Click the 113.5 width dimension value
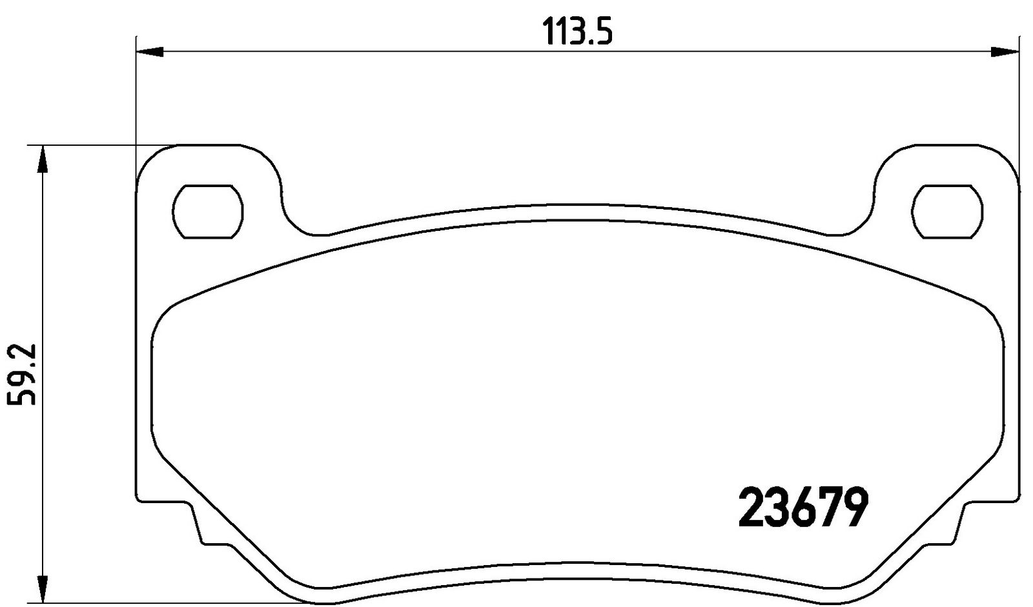coord(577,32)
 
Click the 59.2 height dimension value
coord(22,374)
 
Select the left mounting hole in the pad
coord(207,212)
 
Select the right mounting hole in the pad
coord(947,212)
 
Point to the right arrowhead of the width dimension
coord(1005,52)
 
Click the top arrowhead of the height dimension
coord(43,159)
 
